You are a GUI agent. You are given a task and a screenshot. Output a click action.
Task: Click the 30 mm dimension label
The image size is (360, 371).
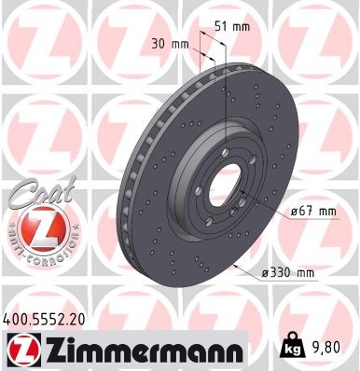[170, 43]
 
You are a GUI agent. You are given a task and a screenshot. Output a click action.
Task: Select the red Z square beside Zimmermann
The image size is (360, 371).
[20, 351]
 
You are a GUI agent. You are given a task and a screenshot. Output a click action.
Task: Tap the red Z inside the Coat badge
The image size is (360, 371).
[35, 226]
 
